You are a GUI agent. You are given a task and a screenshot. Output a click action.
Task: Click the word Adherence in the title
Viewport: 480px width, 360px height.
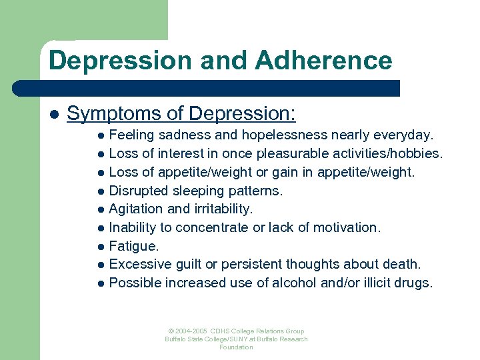323,61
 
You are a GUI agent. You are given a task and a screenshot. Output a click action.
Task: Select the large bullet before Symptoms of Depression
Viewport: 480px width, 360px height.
53,114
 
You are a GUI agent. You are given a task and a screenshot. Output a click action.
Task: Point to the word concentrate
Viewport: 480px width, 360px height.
214,227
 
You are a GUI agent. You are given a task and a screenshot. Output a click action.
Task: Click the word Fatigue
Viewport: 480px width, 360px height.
133,246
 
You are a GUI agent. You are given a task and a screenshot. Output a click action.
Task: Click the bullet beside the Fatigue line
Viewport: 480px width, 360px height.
101,247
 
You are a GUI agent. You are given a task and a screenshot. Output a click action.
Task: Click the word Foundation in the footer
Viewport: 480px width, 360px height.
236,347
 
